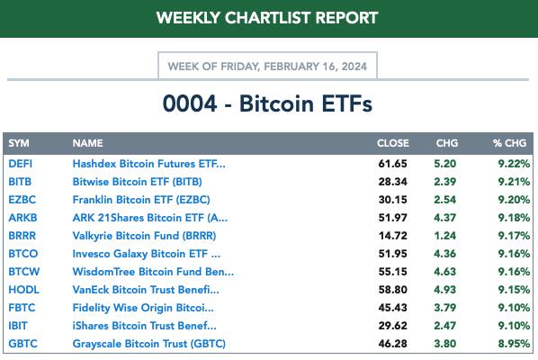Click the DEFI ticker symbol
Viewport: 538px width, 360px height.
coord(21,164)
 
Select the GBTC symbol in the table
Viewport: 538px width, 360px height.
coord(22,344)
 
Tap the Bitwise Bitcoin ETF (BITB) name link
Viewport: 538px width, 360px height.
coord(138,182)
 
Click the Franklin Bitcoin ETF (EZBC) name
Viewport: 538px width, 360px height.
coord(141,200)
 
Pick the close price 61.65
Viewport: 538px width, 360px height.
coord(393,164)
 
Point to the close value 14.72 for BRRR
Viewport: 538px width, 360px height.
coord(393,236)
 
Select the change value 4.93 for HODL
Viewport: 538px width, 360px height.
coord(445,290)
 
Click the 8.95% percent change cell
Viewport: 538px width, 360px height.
coord(514,344)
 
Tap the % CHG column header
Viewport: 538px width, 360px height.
coord(509,143)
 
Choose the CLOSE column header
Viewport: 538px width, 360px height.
coord(393,143)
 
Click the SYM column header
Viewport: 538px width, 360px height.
coord(19,143)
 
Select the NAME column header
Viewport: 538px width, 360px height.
coord(87,143)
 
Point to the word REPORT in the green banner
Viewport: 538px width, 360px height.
coord(346,18)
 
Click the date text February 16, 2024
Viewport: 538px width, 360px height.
coord(315,67)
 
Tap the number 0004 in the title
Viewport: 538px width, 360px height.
coord(190,103)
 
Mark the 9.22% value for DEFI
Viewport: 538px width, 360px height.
coord(514,164)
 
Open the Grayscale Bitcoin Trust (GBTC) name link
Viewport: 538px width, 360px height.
coord(149,344)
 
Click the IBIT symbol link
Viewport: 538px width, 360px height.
coord(18,326)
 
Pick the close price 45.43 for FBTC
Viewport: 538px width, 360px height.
coord(393,308)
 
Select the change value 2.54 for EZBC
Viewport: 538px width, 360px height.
coord(445,200)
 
